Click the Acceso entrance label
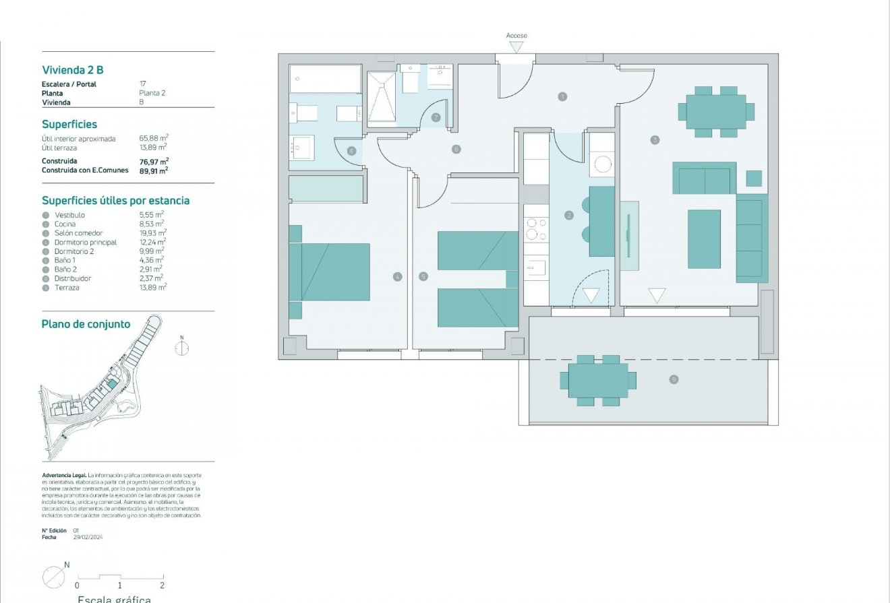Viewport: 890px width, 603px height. (x=516, y=36)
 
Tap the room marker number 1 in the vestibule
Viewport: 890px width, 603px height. (x=562, y=97)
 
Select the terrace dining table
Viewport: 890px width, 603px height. (x=598, y=381)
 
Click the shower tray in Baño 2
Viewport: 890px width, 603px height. (x=382, y=97)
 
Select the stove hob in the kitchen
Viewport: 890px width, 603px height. (x=537, y=228)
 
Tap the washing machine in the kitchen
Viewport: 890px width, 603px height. (x=601, y=164)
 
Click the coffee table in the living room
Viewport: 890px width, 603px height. (x=704, y=239)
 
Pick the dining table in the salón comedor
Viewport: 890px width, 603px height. (x=716, y=111)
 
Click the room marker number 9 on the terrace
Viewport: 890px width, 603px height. (x=673, y=380)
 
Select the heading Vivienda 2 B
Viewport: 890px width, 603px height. (x=73, y=69)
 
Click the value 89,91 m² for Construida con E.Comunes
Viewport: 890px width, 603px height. (x=154, y=170)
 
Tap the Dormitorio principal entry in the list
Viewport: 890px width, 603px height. (x=86, y=242)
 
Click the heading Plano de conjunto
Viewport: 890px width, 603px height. (x=86, y=324)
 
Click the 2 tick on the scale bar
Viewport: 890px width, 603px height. (x=162, y=585)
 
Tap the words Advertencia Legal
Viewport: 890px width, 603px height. (x=64, y=475)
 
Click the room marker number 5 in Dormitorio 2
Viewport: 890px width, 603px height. (x=423, y=276)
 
